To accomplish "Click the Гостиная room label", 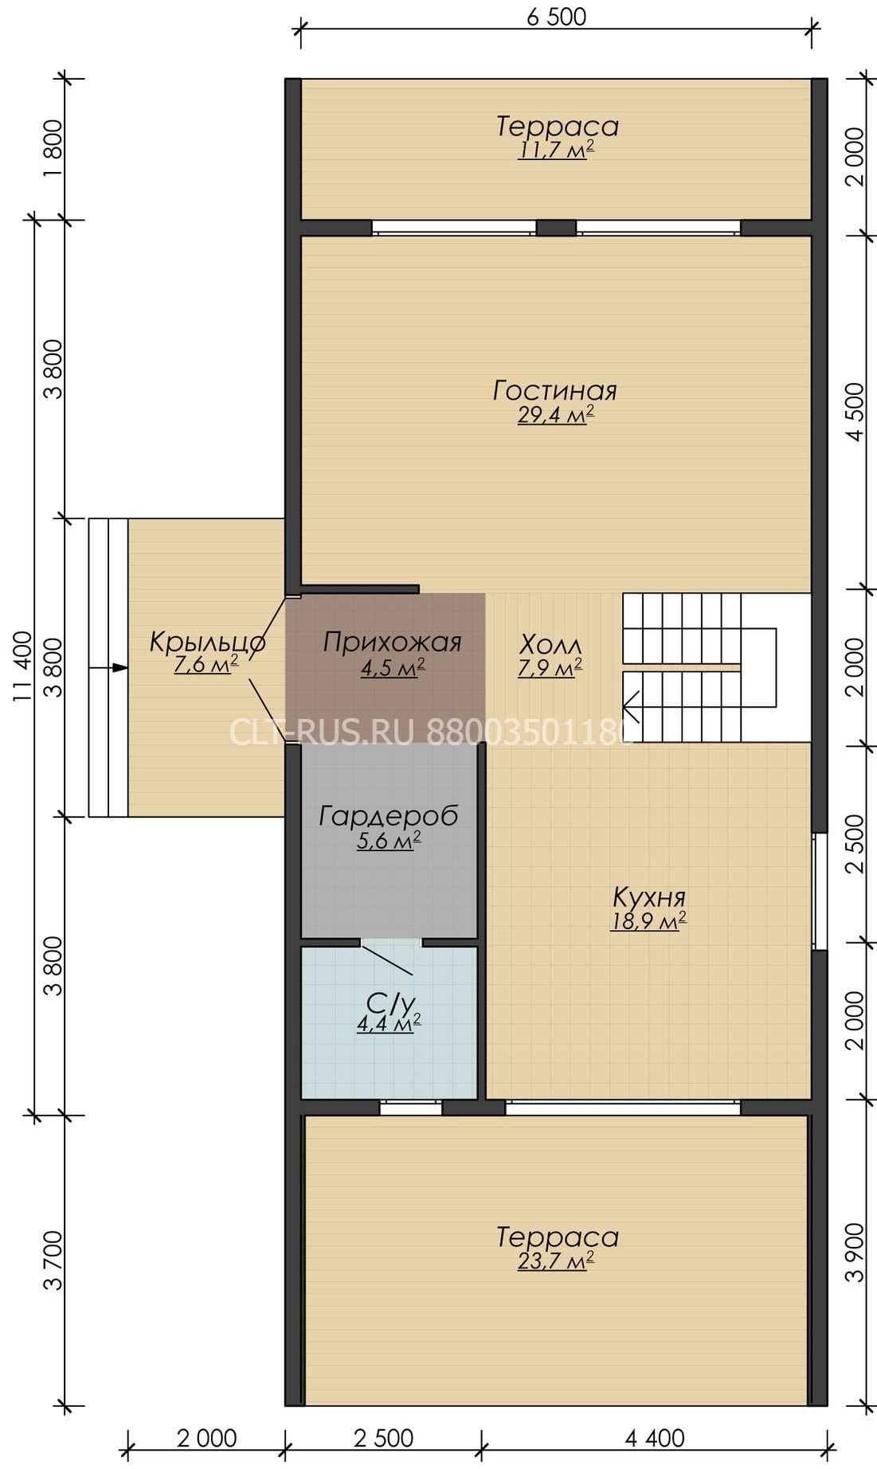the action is point(555,391).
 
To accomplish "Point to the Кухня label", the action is point(649,897).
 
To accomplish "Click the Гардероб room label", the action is point(389,816).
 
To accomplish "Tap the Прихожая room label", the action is point(392,642).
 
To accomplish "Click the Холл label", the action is point(550,643).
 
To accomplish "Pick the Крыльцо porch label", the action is point(208,643).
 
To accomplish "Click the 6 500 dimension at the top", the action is point(556,16).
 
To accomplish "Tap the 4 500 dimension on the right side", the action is point(855,412).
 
